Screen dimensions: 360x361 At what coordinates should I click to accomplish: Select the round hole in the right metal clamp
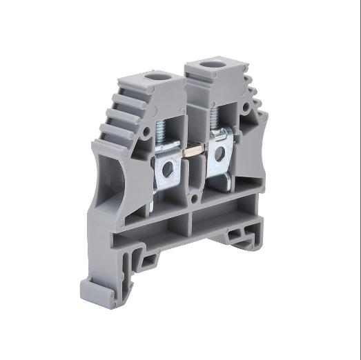pos(219,154)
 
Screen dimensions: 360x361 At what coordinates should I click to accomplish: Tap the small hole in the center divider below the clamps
pos(194,199)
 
